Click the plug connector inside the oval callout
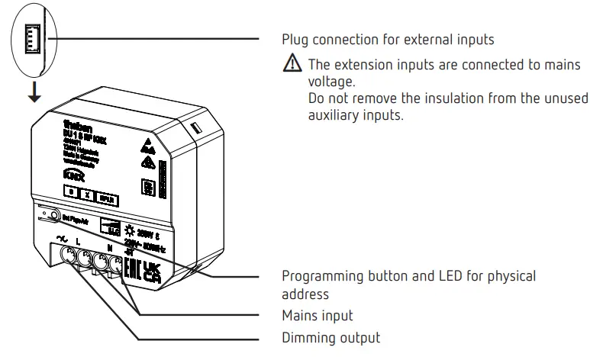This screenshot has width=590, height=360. point(33,37)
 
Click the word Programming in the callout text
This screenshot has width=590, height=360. point(322,275)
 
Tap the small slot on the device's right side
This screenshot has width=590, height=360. point(195,126)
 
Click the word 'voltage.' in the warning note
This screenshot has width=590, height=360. point(329,81)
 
